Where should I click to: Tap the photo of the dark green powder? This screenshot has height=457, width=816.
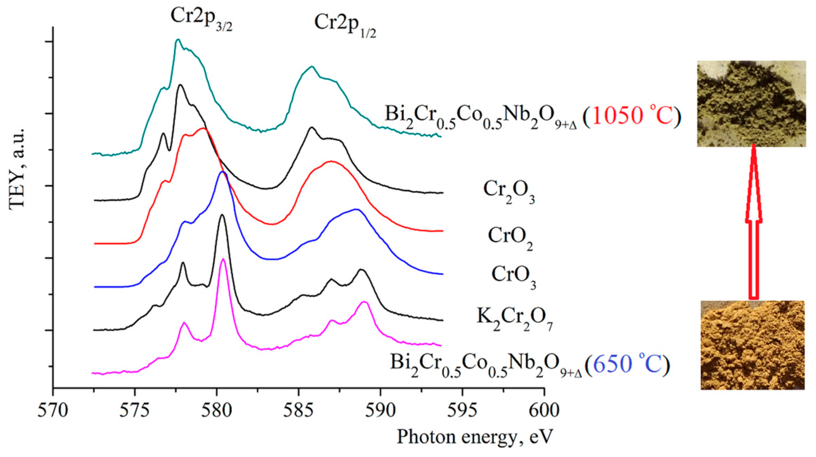click(x=751, y=103)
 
